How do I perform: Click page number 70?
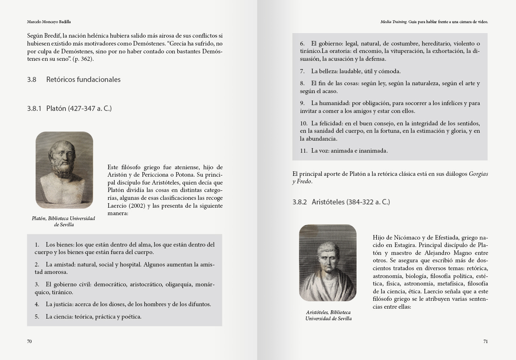coord(29,341)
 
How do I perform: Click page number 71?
coord(485,341)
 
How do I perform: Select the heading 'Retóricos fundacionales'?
coord(83,79)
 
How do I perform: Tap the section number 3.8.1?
coord(34,109)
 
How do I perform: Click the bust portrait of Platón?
coord(64,170)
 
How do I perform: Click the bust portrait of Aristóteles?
coord(328,263)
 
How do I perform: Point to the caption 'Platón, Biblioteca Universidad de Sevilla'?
coord(63,221)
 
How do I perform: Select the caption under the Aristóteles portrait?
coord(328,315)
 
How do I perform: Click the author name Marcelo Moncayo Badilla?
coord(46,22)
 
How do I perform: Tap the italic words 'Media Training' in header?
coord(393,22)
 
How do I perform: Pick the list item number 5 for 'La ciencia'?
coord(37,317)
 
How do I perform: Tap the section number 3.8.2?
coord(299,202)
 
